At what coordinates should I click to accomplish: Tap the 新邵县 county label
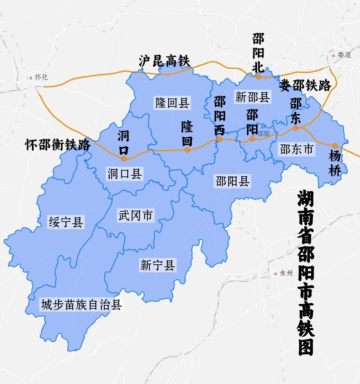252,97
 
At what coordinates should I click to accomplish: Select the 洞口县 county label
124,173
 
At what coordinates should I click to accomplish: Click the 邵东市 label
296,149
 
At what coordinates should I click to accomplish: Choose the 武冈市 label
135,215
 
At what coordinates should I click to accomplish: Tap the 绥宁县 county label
66,222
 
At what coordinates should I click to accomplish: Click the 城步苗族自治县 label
81,305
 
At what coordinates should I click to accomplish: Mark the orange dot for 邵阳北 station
258,77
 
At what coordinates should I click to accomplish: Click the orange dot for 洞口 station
124,159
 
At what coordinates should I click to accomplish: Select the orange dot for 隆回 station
187,150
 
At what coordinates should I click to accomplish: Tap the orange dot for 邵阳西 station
219,140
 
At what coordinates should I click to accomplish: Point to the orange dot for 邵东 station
295,128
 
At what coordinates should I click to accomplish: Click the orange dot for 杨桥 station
335,146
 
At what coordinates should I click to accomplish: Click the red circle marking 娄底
333,56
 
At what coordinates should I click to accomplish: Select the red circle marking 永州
275,274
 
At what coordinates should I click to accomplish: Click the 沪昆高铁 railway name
164,61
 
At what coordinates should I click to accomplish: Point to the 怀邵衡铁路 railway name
58,145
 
